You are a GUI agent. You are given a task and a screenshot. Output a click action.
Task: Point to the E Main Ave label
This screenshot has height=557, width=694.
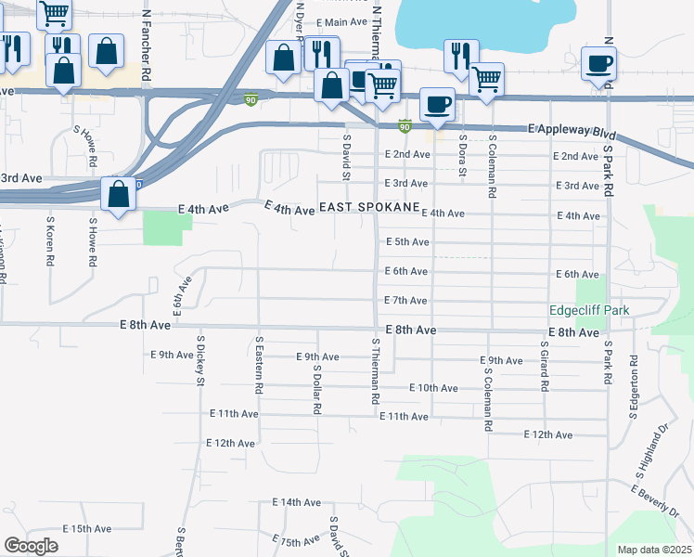(342, 22)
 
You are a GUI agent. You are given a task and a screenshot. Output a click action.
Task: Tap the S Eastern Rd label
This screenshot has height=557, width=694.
(260, 363)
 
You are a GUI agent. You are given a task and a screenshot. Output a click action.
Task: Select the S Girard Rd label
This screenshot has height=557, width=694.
(546, 363)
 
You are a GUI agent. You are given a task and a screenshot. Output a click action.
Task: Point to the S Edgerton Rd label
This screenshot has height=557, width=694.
(635, 385)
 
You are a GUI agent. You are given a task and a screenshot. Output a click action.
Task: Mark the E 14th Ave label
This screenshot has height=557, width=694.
(296, 502)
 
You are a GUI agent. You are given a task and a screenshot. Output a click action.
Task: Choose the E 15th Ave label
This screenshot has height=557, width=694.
(87, 528)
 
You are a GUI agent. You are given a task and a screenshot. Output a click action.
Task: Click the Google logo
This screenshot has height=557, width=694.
(31, 546)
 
